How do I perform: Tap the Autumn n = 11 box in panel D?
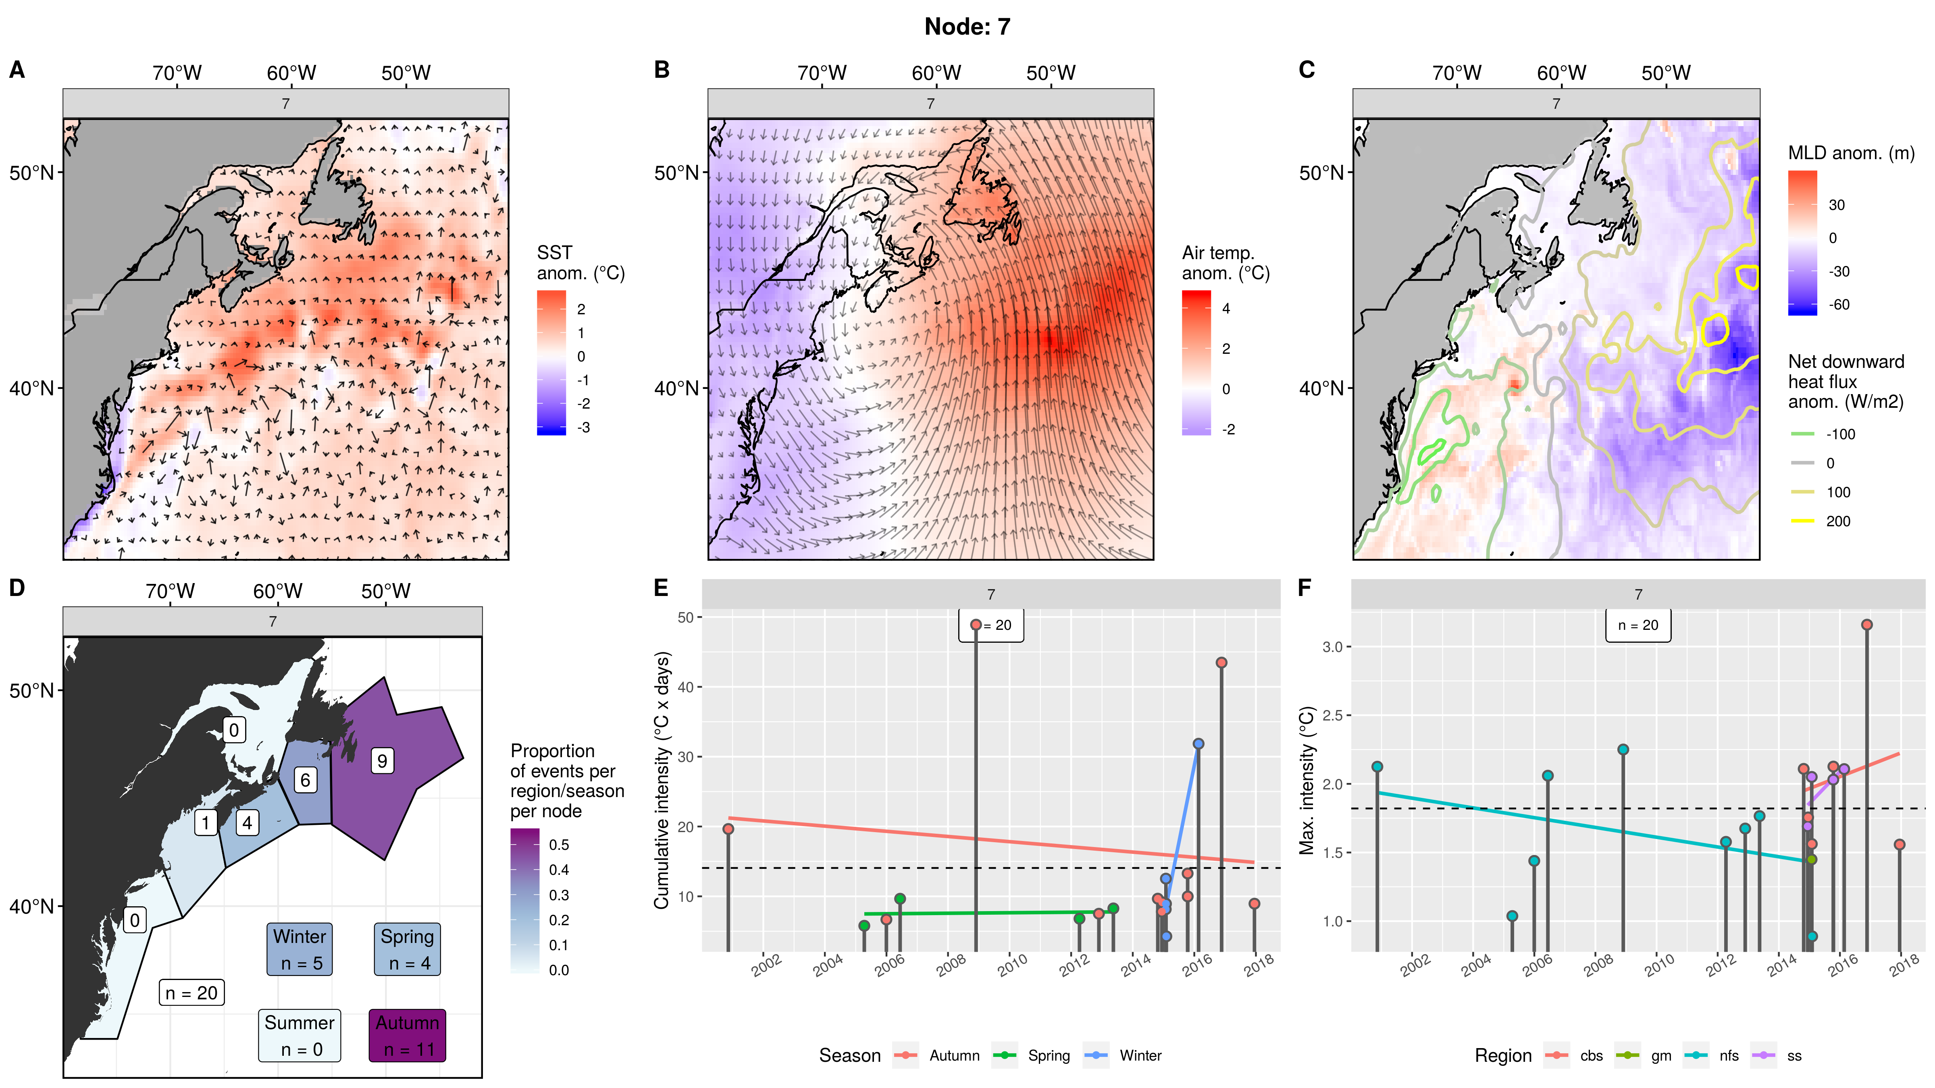coord(407,1036)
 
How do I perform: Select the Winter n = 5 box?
coord(299,949)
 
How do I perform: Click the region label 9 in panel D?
coord(382,761)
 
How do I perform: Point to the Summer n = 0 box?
coord(300,1036)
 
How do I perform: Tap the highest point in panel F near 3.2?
coord(1866,625)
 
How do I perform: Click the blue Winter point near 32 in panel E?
coord(1198,743)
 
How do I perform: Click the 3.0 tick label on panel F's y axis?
coord(1332,646)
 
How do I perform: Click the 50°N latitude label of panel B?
coord(676,173)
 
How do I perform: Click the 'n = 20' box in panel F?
coord(1638,625)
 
